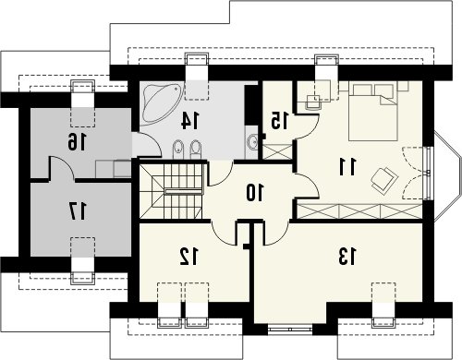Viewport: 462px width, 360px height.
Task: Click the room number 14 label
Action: point(190,120)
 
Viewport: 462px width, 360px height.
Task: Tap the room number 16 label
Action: point(77,142)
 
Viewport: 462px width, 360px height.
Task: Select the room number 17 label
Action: point(77,211)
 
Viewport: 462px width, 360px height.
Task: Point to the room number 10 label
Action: point(254,193)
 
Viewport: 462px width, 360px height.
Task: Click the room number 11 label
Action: point(347,166)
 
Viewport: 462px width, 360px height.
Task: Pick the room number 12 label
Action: point(189,257)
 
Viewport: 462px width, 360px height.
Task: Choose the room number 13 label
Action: point(347,257)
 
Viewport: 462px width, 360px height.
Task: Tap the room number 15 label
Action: point(280,120)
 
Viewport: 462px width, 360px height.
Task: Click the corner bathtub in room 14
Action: point(160,103)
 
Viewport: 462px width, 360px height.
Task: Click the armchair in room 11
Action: point(384,181)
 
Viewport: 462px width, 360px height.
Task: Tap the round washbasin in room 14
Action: point(252,142)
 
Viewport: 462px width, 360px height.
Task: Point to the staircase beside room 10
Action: point(171,191)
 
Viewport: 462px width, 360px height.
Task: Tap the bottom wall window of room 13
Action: point(290,330)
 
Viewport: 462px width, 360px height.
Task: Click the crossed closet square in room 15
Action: point(277,151)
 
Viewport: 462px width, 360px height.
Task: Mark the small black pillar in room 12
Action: point(246,246)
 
